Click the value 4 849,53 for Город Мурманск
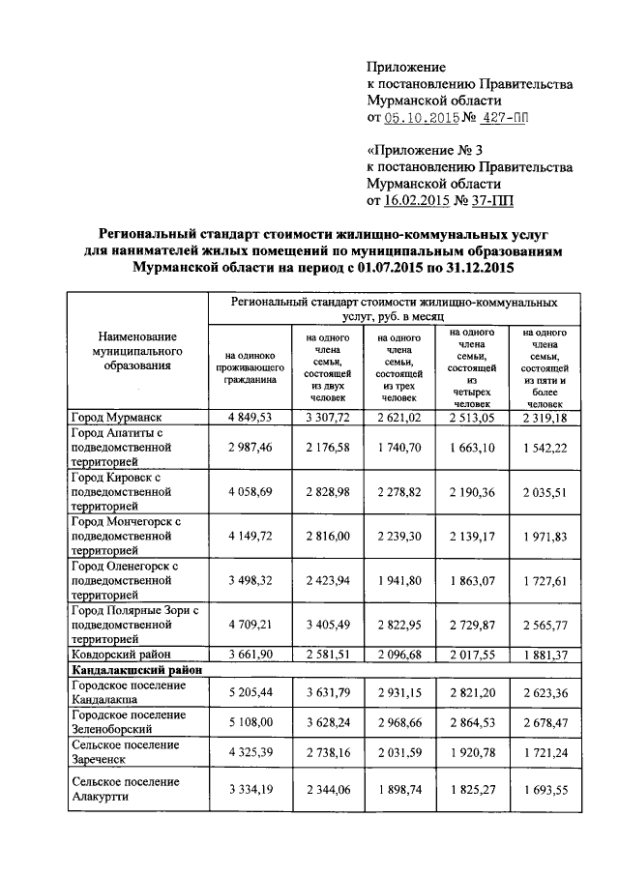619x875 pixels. (x=249, y=417)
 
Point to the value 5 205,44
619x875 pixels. (x=249, y=692)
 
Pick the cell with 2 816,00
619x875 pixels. (x=325, y=538)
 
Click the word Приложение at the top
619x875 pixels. (x=406, y=67)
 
